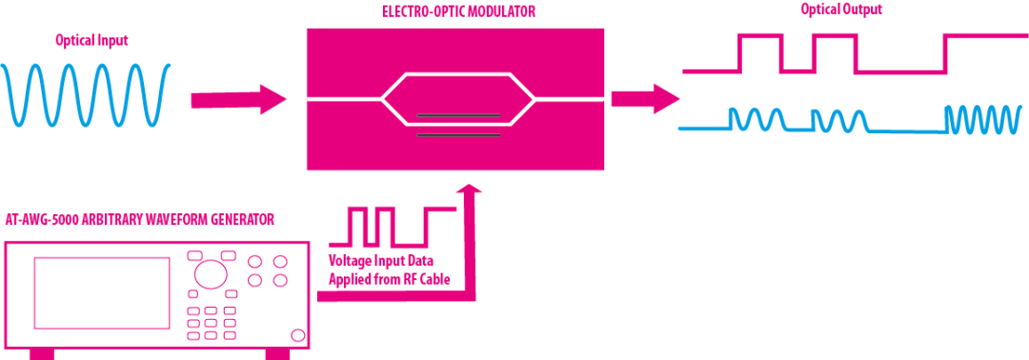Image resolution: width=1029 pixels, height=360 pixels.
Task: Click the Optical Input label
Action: pyautogui.click(x=91, y=41)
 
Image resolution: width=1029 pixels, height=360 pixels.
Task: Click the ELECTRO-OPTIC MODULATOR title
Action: pyautogui.click(x=458, y=11)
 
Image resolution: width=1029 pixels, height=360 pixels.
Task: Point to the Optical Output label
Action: pyautogui.click(x=841, y=9)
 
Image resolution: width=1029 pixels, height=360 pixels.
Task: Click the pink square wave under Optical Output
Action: pyautogui.click(x=829, y=53)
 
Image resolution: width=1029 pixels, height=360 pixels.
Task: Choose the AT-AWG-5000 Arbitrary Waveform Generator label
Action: pyautogui.click(x=139, y=220)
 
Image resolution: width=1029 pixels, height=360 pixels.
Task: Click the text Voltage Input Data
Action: pyautogui.click(x=381, y=261)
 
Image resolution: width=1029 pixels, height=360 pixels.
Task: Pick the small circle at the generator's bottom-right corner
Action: pyautogui.click(x=296, y=335)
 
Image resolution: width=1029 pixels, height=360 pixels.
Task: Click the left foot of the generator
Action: pyautogui.click(x=43, y=353)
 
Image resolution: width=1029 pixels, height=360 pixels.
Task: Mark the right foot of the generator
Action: pyautogui.click(x=277, y=353)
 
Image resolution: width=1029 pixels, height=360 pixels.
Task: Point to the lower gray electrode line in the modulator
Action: pyautogui.click(x=458, y=134)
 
